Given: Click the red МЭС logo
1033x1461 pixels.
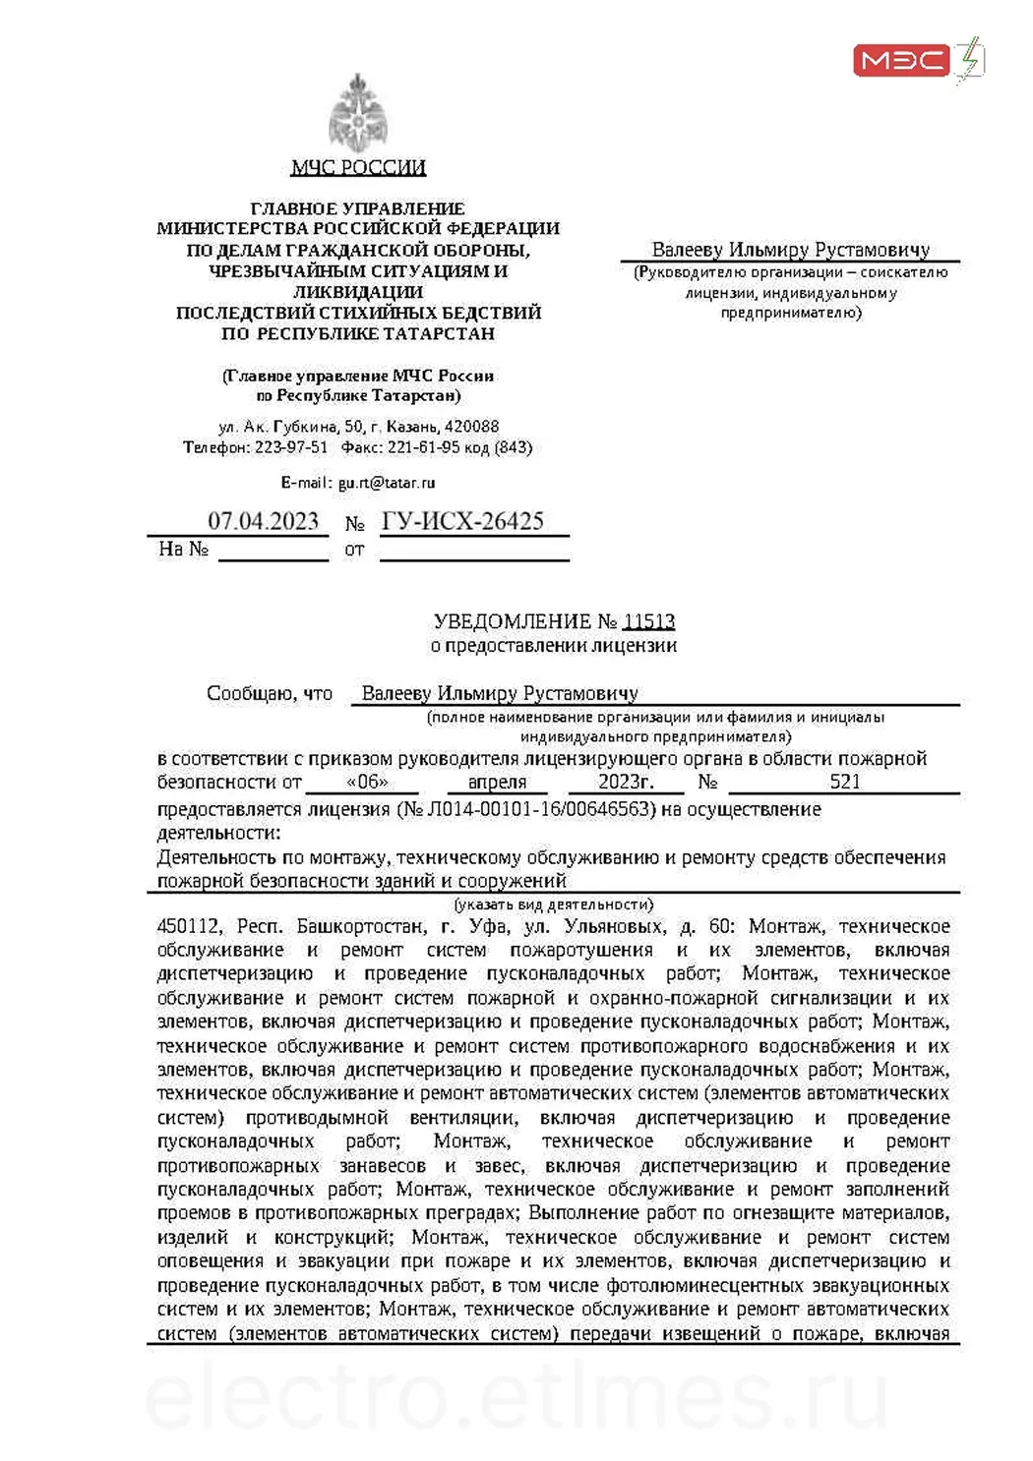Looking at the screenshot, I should coord(901,61).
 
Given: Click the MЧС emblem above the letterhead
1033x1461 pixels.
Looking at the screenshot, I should coord(357,113).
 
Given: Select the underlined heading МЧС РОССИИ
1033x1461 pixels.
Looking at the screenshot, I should coord(358,167).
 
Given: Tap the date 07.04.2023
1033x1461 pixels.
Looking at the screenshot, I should coord(263,521).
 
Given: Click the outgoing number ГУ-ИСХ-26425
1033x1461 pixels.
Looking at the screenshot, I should coord(462,521).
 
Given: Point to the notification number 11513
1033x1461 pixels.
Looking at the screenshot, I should coord(649,621).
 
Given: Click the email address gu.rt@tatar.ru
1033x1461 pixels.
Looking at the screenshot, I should coord(387,483).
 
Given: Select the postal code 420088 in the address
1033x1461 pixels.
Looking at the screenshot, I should coord(471,427).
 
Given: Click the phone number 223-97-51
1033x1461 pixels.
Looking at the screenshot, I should coord(291,447).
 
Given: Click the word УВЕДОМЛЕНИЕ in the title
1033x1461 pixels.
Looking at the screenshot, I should coord(512,621).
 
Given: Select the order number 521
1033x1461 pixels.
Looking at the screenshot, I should coord(845,782).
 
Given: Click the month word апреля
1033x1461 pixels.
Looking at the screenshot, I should coord(497,783).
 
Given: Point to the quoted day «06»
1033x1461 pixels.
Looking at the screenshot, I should coord(368,783).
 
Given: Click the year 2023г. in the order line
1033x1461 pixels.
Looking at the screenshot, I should coord(626,782).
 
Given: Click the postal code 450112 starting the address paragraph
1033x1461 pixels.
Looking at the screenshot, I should coord(189,926).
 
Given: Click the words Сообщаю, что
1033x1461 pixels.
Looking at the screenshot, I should coord(270,694).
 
